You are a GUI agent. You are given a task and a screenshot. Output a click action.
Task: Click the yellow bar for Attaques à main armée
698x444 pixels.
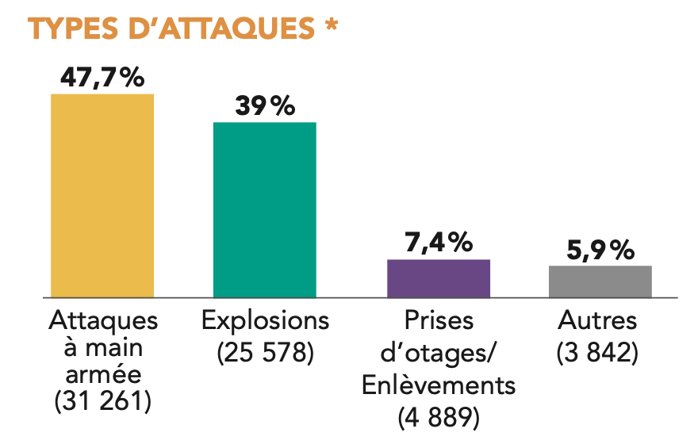[102, 195]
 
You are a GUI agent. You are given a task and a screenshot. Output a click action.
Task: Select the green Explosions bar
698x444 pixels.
[264, 209]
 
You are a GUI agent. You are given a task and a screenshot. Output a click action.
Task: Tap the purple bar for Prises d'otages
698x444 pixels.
[438, 277]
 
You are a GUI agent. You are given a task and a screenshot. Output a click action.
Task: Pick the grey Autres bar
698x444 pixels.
[600, 281]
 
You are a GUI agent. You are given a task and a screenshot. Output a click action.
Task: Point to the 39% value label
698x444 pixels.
[265, 106]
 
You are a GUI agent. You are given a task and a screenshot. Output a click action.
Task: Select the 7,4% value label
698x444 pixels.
[439, 243]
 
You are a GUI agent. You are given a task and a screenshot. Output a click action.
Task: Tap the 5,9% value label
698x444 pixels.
[600, 251]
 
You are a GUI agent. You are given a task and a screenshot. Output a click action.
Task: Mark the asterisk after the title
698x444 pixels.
[332, 25]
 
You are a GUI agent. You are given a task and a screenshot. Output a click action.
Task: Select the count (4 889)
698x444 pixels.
[439, 416]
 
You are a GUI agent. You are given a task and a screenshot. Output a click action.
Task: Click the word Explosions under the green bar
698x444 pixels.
[265, 321]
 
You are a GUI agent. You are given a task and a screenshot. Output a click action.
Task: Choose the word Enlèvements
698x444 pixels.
[439, 385]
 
